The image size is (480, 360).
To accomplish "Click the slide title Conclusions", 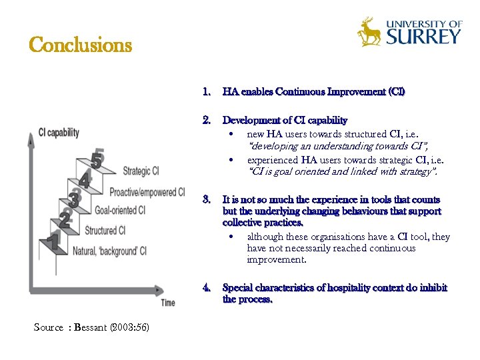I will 81,45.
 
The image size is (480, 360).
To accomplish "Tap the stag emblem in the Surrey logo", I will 369,32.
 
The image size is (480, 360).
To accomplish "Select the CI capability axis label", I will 59,132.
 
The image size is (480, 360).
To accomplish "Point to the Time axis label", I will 168,303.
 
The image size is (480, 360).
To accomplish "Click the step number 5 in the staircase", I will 97,160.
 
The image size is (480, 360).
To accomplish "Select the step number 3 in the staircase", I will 75,198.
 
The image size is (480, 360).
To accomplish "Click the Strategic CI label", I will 141,171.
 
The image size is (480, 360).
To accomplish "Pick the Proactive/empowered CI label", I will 147,192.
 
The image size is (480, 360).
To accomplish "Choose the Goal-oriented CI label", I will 120,211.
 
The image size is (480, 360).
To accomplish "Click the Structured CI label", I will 105,231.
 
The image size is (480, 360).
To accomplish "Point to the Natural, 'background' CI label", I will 109,251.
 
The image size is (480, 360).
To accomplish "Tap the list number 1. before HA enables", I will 207,91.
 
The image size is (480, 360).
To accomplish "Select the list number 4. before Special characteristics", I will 207,287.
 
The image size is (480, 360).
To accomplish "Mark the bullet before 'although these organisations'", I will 231,237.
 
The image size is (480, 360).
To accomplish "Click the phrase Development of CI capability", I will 285,120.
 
